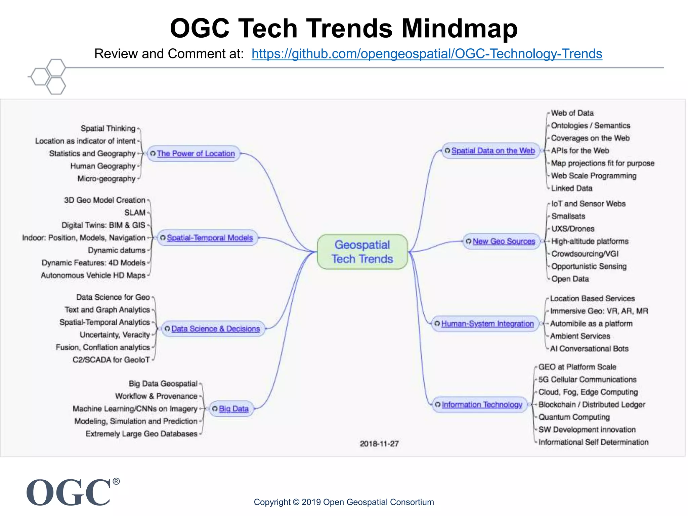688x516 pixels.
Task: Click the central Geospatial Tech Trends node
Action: point(362,252)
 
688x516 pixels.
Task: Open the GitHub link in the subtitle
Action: point(427,54)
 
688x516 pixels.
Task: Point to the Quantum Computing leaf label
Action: point(574,417)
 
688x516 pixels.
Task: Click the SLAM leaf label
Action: point(135,213)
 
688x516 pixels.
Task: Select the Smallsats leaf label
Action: point(568,216)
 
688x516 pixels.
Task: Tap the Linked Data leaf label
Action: point(571,188)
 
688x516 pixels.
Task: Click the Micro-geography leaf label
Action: point(106,179)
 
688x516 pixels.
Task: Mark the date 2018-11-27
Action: point(379,444)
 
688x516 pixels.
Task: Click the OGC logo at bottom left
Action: point(69,492)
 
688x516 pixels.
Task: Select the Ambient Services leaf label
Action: point(580,336)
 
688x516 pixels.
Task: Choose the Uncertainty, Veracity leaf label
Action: point(115,335)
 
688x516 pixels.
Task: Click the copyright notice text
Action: point(344,502)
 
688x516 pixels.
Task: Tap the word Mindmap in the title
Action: point(460,28)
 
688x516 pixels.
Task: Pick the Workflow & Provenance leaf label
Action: point(156,396)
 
